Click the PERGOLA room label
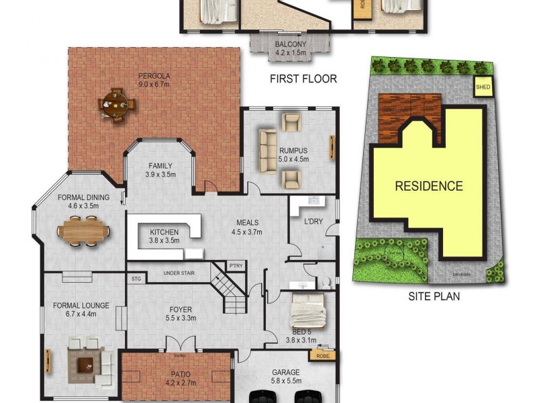click(x=154, y=75)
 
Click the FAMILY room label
click(x=160, y=166)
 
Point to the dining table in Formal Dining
click(x=83, y=232)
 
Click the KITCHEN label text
click(x=164, y=232)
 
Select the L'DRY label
click(x=313, y=222)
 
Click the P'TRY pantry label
click(x=236, y=266)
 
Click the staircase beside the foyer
click(x=228, y=289)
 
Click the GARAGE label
click(x=286, y=371)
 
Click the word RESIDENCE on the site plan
click(x=428, y=186)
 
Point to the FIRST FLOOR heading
click(x=303, y=79)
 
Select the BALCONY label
click(x=290, y=45)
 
